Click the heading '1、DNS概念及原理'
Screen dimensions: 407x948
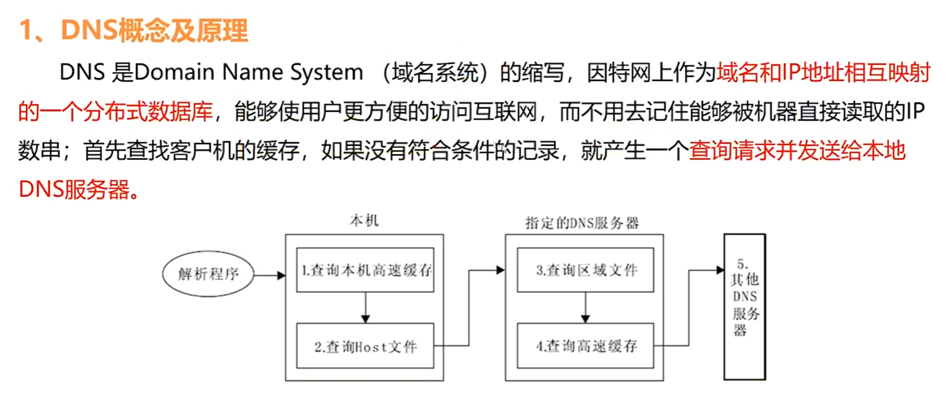pyautogui.click(x=133, y=30)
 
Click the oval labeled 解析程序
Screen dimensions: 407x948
pyautogui.click(x=208, y=274)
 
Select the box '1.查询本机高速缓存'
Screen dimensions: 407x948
pyautogui.click(x=365, y=270)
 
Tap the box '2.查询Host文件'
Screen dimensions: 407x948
pyautogui.click(x=365, y=346)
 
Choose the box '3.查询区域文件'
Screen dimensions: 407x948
pyautogui.click(x=585, y=270)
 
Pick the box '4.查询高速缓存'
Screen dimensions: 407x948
pyautogui.click(x=585, y=346)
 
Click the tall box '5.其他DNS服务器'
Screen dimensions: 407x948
pyautogui.click(x=745, y=307)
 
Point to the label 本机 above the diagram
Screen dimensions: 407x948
pyautogui.click(x=364, y=221)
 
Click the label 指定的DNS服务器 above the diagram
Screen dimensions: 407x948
pyautogui.click(x=582, y=223)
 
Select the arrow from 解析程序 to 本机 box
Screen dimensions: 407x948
pyautogui.click(x=269, y=275)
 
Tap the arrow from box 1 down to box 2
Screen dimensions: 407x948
pyautogui.click(x=365, y=308)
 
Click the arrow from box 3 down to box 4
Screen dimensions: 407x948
pyautogui.click(x=585, y=308)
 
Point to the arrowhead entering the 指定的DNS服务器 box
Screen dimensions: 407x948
pyautogui.click(x=500, y=270)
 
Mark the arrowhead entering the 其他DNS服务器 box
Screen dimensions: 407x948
pyautogui.click(x=720, y=270)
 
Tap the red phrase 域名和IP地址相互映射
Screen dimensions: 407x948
pyautogui.click(x=823, y=72)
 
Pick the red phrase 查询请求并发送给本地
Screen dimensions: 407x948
pyautogui.click(x=797, y=151)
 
